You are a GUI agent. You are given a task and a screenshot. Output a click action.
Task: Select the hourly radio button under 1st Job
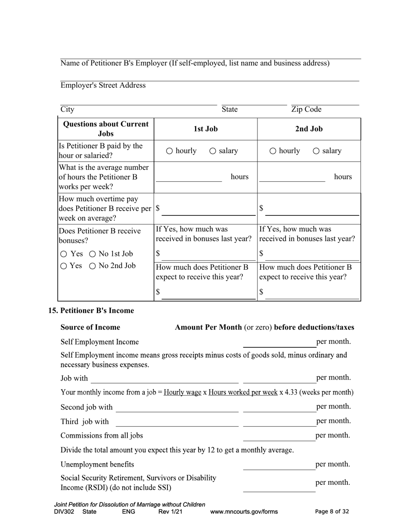(x=170, y=151)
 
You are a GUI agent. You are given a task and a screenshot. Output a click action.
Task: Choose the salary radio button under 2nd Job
(x=316, y=151)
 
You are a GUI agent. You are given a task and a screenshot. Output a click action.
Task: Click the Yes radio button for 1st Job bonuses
(x=64, y=254)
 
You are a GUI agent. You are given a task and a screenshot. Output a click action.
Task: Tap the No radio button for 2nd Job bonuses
(x=92, y=266)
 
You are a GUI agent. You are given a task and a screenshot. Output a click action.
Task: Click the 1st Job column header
(x=205, y=129)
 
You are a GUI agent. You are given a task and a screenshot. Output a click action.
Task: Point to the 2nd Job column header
(x=309, y=129)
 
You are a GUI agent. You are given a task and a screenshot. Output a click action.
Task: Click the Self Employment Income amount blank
(x=279, y=343)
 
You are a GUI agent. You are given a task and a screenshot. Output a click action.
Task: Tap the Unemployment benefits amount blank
(x=279, y=465)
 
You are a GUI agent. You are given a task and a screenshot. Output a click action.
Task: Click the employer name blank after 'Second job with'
(x=177, y=408)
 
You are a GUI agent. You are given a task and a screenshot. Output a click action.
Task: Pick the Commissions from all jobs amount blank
(x=279, y=436)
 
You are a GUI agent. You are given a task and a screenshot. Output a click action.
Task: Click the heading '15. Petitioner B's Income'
(x=91, y=311)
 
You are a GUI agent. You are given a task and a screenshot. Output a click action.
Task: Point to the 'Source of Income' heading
(x=90, y=327)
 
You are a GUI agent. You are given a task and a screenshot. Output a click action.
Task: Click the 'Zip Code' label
(x=306, y=109)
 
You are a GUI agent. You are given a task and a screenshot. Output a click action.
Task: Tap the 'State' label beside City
(x=229, y=109)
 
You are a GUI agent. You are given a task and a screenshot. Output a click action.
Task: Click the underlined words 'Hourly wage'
(x=183, y=393)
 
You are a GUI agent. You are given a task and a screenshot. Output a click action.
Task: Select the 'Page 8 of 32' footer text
(x=332, y=512)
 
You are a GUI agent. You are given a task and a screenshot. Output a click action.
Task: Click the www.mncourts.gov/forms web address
(x=244, y=512)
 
